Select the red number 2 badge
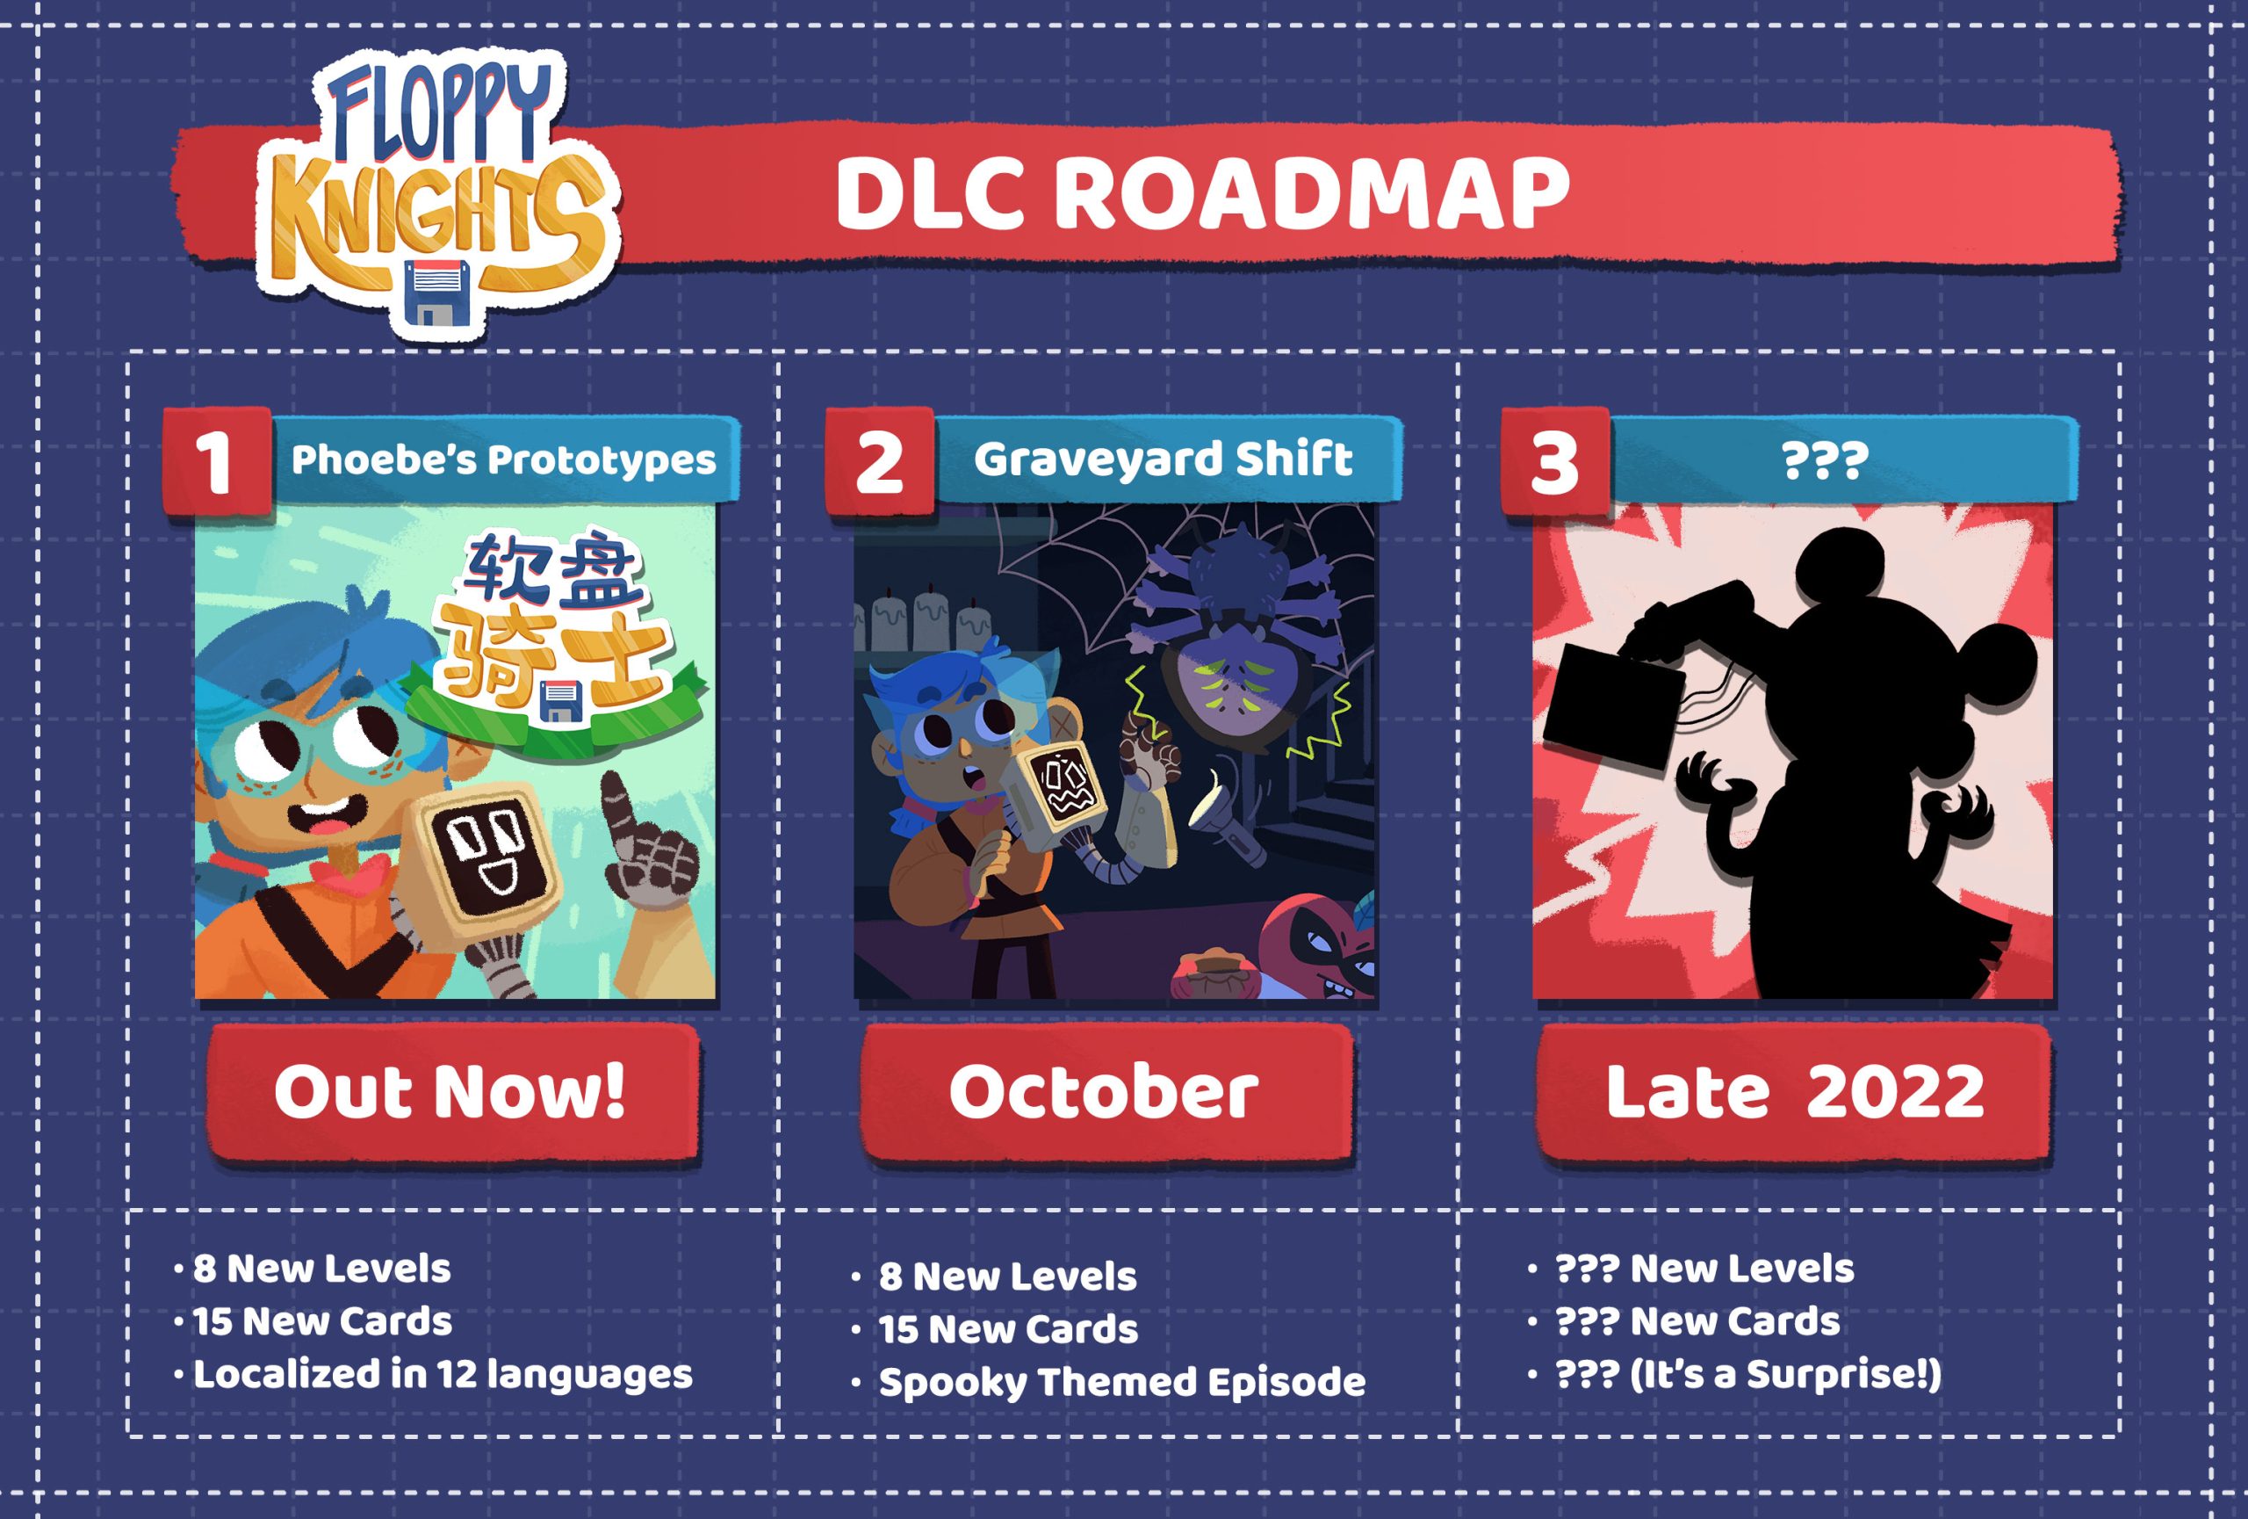(879, 462)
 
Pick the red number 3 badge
(1554, 462)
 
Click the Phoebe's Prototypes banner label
(503, 459)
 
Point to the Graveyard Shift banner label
(1163, 459)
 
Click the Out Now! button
(451, 1092)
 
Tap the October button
(1106, 1092)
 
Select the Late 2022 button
(1793, 1092)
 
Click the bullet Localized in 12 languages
(435, 1375)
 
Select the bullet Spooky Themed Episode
(1108, 1383)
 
